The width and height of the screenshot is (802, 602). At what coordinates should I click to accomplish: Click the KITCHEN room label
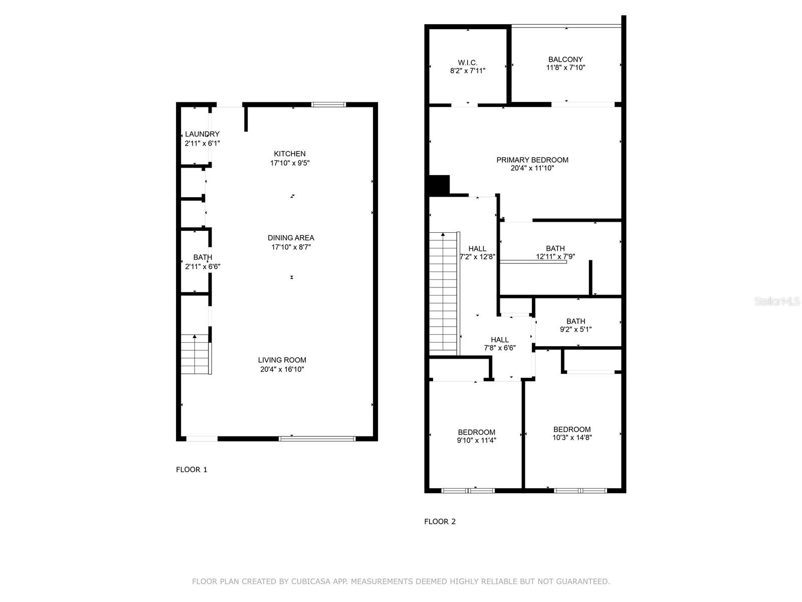coord(290,154)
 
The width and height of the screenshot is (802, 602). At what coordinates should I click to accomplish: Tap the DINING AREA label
coord(291,238)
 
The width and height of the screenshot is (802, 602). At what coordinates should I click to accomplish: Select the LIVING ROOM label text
coord(282,360)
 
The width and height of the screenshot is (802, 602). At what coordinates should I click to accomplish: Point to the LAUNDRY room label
coord(202,134)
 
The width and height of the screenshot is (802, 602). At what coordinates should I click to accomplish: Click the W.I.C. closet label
coord(468,63)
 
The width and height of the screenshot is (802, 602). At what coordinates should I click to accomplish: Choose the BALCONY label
coord(565,59)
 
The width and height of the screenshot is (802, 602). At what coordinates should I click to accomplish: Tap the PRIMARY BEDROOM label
coord(532,160)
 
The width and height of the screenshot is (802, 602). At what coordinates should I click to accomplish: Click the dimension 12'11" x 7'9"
coord(555,256)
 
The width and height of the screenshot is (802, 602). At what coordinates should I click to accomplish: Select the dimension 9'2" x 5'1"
coord(576,329)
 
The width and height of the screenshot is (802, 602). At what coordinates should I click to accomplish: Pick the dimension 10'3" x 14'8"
coord(572,437)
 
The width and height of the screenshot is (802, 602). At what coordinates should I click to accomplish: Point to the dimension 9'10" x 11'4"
coord(477,440)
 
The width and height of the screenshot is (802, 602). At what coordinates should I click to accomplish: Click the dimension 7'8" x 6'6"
coord(500,348)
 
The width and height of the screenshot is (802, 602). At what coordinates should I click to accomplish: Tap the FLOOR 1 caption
coord(191,470)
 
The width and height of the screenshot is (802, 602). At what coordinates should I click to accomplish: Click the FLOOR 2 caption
coord(440,522)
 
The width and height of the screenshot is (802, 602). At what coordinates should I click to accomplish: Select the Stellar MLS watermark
coord(777,302)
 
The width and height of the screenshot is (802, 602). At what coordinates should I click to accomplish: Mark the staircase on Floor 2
coord(444,293)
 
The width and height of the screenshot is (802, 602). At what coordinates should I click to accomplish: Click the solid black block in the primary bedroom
coord(439,185)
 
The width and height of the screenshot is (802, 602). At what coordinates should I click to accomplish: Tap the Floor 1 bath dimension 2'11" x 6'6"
coord(203,267)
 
